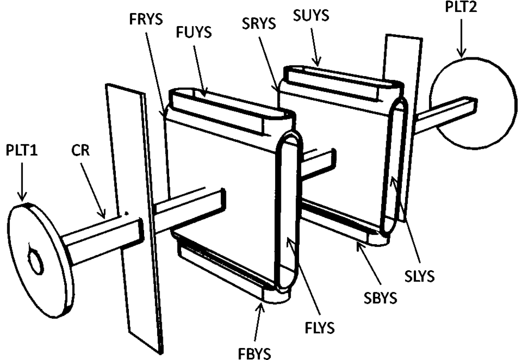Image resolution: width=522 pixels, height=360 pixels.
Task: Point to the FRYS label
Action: pyautogui.click(x=144, y=16)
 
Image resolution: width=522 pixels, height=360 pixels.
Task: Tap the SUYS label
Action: pyautogui.click(x=311, y=16)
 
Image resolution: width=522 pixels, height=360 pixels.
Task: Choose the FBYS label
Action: pyautogui.click(x=253, y=353)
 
